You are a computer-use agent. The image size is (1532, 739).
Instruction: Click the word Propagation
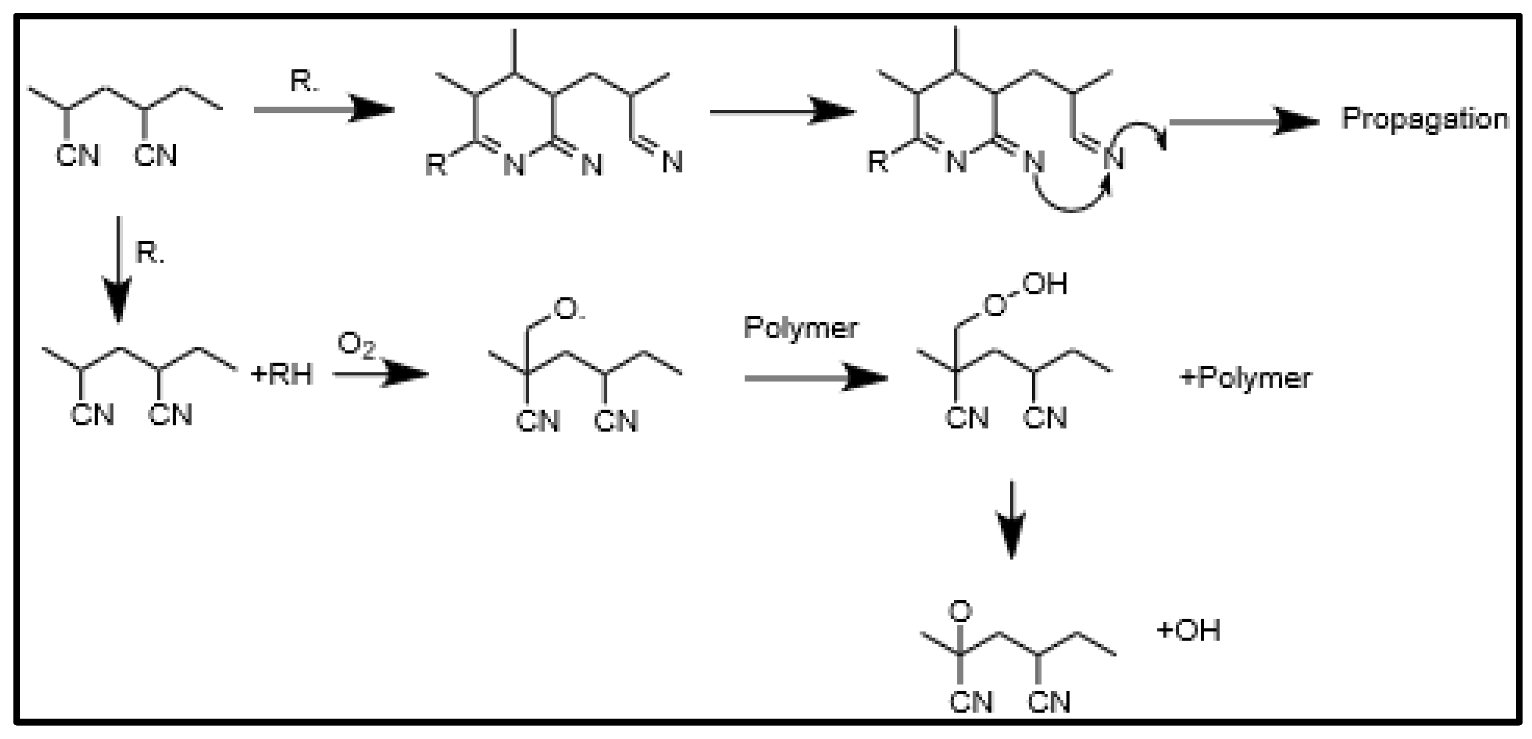pos(1425,119)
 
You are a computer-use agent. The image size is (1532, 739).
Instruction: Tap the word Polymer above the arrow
pos(800,328)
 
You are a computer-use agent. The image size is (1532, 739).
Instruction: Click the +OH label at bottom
pos(1188,630)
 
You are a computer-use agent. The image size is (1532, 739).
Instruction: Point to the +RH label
pos(282,375)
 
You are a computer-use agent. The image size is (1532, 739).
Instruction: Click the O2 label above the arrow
pos(356,346)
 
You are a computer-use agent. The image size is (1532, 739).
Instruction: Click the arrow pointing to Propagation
pos(1243,122)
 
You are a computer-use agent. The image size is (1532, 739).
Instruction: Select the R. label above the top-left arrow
pos(304,82)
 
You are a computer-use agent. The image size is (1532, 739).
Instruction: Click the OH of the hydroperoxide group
pos(1045,284)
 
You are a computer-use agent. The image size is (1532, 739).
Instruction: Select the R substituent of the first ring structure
pos(436,165)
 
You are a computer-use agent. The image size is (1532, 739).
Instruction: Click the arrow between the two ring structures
pos(781,112)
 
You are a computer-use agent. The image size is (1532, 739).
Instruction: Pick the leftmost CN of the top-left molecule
pos(77,156)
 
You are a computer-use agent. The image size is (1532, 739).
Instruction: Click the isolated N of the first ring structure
pos(672,162)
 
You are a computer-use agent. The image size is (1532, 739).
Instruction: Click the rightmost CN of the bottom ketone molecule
pos(1049,703)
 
